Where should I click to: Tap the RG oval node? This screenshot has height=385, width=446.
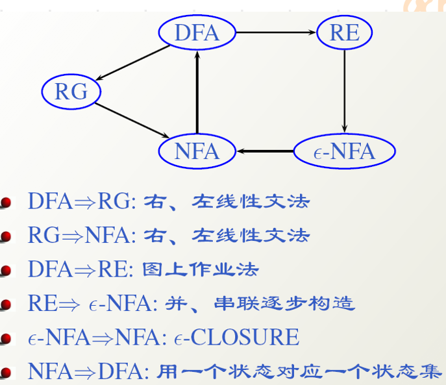(71, 92)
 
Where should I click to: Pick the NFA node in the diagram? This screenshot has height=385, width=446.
(197, 151)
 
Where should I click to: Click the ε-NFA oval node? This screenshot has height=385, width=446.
(344, 151)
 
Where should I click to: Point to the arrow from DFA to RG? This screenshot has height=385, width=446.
(130, 63)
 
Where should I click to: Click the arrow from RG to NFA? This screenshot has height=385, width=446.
(133, 121)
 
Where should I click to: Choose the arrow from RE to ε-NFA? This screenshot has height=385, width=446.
(345, 91)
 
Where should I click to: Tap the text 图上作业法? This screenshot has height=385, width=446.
(202, 269)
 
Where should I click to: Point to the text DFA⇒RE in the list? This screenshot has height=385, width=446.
(81, 269)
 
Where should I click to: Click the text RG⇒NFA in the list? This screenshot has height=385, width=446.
(81, 235)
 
